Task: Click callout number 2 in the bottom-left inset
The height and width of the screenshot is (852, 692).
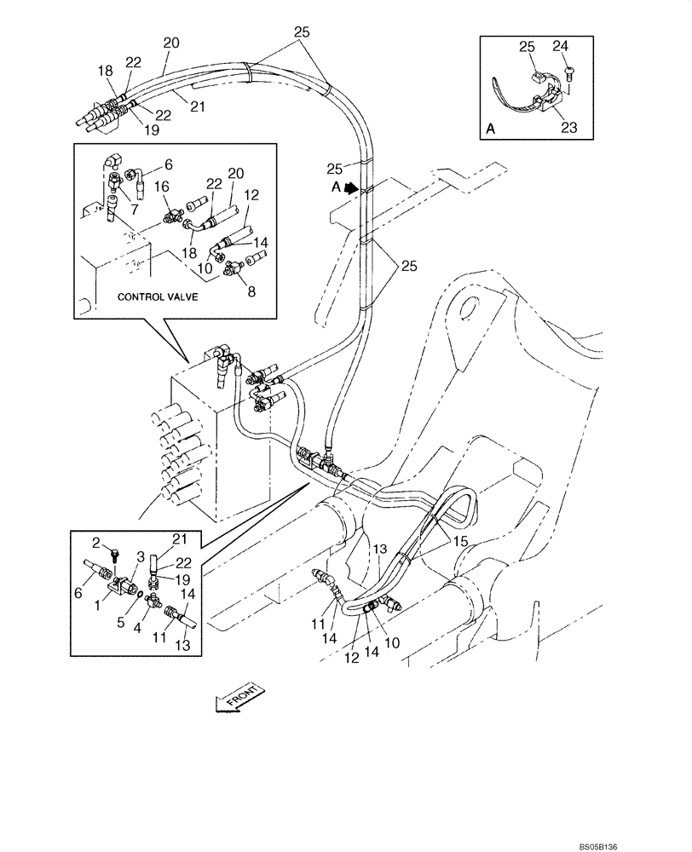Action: pos(96,543)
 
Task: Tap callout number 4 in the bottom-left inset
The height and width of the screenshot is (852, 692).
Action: pos(135,630)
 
